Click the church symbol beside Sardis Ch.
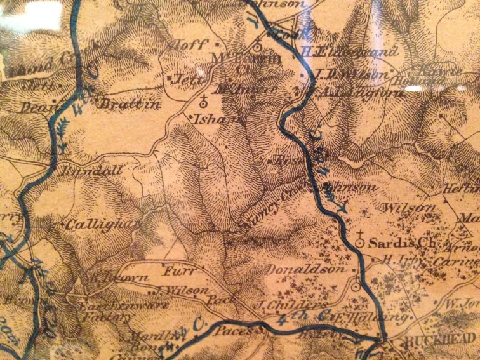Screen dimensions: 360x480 tap(359, 241)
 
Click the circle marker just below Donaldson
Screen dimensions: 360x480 tap(356, 286)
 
